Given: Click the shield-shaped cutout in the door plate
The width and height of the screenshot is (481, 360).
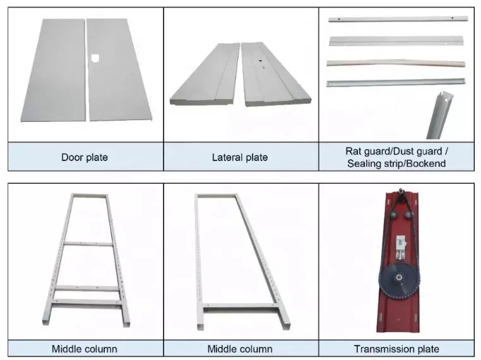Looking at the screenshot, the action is (95, 58).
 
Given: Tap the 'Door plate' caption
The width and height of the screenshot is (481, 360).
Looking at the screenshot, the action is (85, 157).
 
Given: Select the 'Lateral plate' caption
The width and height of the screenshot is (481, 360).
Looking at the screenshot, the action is (240, 157).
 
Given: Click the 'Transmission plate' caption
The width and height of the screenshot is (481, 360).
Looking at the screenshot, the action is (396, 349).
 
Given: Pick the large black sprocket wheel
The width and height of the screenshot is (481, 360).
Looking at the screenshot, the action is (398, 279).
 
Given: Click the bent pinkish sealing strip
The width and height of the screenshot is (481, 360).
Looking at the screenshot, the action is (396, 63).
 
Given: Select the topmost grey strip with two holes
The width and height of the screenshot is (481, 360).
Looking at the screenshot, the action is (398, 19).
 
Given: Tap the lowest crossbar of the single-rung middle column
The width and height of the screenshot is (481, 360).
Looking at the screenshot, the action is (241, 306).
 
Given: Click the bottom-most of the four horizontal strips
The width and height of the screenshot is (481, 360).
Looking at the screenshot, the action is (396, 83).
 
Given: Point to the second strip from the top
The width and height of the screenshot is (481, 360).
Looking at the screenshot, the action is (396, 41).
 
